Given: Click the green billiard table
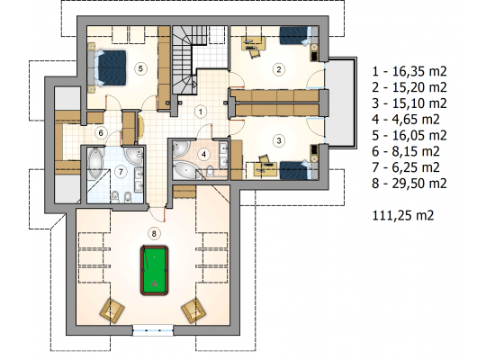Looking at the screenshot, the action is click(155, 270).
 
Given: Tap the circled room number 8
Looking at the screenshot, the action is click(154, 234).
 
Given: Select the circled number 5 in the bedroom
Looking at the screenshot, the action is click(140, 68).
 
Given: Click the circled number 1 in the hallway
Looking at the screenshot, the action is click(201, 112).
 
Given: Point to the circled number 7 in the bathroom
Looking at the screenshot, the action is click(121, 172).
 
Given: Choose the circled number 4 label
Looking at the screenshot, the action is click(203, 155).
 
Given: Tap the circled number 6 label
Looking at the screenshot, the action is click(101, 132).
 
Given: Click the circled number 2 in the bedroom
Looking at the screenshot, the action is click(279, 69).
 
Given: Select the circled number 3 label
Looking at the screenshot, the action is click(279, 140).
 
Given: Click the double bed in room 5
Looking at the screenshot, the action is click(110, 67).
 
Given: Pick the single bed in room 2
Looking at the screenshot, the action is click(296, 35).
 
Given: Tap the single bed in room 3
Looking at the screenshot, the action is click(296, 170).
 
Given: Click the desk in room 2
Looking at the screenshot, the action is click(253, 43).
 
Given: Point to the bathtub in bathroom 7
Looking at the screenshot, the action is click(95, 163).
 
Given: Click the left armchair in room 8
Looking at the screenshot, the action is click(112, 310).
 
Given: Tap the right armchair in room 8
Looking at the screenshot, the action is click(193, 310).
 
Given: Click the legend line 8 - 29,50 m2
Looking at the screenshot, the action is click(409, 184).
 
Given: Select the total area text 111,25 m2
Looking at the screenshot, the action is click(403, 215).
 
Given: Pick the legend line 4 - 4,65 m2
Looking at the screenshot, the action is click(406, 120).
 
